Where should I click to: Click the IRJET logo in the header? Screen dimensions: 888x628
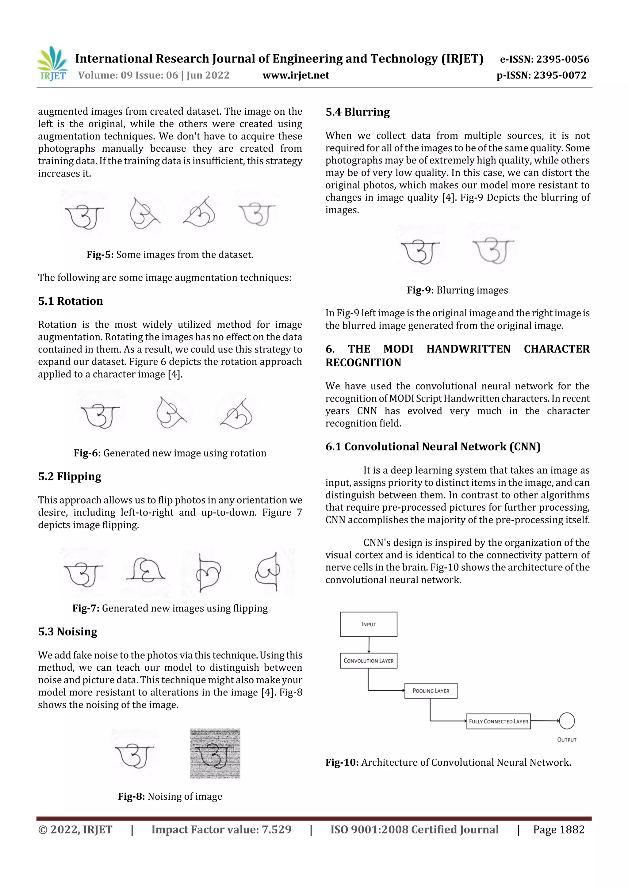[x=53, y=64]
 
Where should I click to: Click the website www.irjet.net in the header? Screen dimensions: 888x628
[x=296, y=75]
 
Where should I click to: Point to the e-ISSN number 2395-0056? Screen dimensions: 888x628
[x=544, y=59]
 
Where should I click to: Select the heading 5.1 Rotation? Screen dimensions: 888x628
[x=71, y=301]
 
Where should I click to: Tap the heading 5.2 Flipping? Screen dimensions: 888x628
[x=70, y=476]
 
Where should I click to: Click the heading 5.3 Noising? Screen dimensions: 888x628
[x=68, y=631]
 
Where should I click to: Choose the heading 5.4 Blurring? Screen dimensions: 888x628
[x=358, y=112]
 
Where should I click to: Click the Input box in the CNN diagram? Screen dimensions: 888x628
[x=368, y=624]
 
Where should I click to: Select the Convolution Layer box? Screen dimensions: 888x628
[x=368, y=661]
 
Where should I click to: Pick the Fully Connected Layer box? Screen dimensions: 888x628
[x=498, y=721]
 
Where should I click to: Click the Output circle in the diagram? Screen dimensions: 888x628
[x=567, y=721]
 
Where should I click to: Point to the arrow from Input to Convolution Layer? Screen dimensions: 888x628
[x=369, y=645]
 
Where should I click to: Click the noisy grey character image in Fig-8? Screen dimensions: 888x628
[x=215, y=753]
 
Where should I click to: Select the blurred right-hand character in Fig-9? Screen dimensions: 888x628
[x=493, y=250]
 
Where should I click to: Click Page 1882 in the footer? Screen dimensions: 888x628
[x=558, y=829]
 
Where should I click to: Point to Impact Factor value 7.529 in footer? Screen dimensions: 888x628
[x=221, y=829]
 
